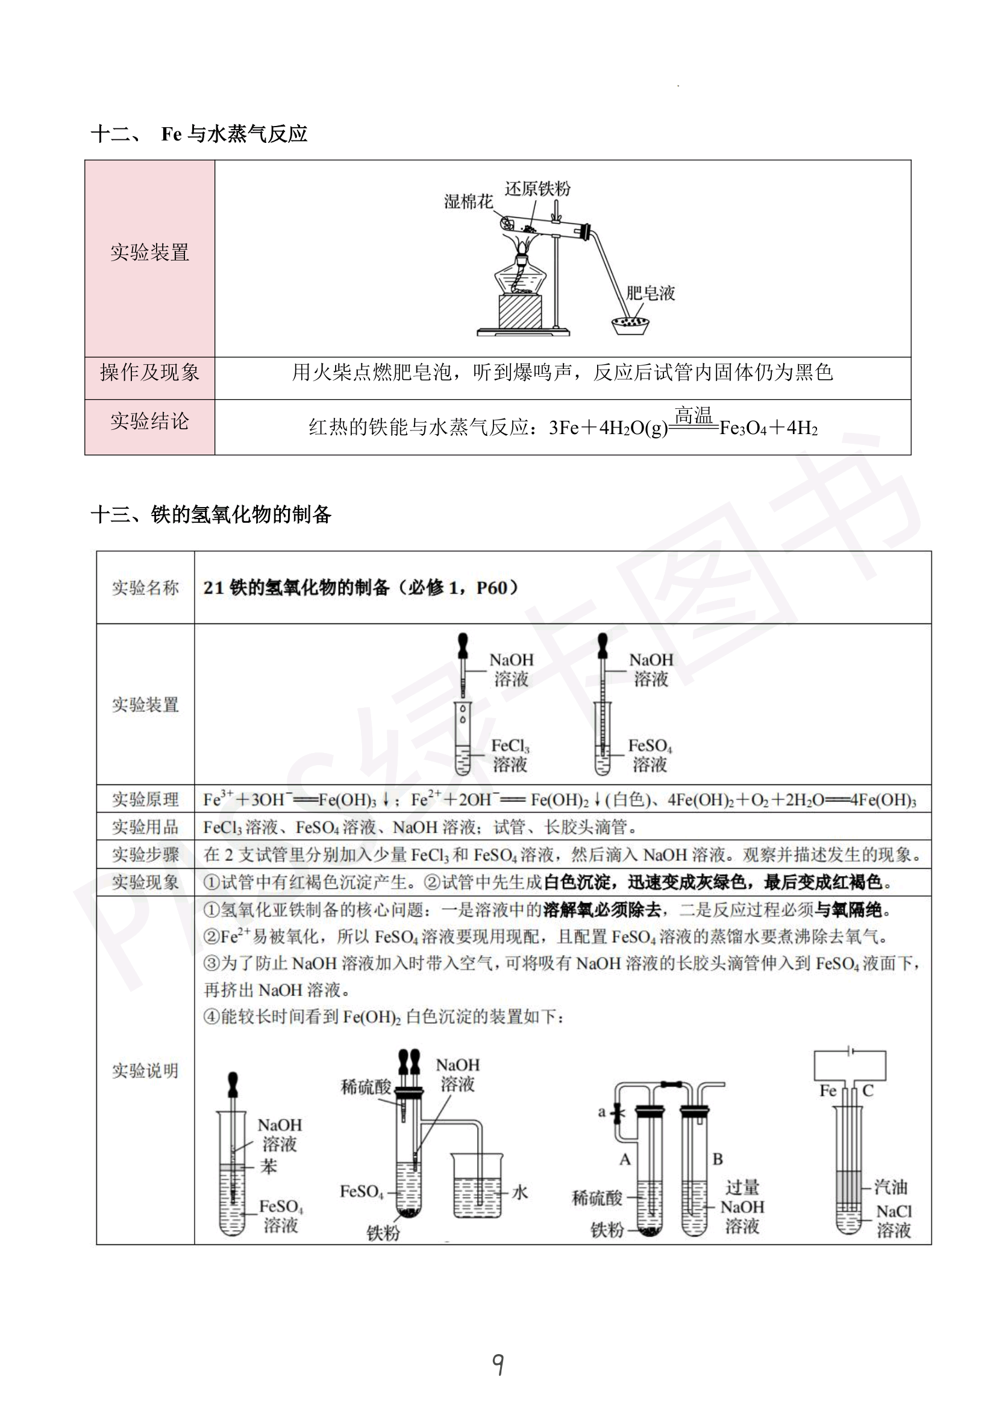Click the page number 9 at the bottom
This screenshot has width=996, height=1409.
point(498,1364)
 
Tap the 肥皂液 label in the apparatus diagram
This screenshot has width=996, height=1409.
point(651,293)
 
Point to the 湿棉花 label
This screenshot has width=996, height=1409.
point(468,201)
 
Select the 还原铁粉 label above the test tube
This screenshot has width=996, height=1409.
point(537,188)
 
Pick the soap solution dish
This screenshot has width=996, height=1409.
point(630,324)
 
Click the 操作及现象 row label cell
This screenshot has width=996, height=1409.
point(149,373)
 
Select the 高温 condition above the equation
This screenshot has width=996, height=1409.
point(693,415)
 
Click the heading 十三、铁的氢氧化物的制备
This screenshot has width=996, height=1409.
point(211,514)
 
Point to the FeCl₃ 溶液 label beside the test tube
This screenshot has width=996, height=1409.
point(510,755)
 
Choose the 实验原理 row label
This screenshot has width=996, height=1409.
point(145,799)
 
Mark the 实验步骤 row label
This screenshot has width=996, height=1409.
point(145,854)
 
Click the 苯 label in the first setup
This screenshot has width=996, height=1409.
point(269,1166)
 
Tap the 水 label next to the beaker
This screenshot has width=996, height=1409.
point(520,1193)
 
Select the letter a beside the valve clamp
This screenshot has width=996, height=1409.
point(602,1112)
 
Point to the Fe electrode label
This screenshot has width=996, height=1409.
point(828,1091)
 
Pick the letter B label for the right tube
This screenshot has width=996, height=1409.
point(718,1159)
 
